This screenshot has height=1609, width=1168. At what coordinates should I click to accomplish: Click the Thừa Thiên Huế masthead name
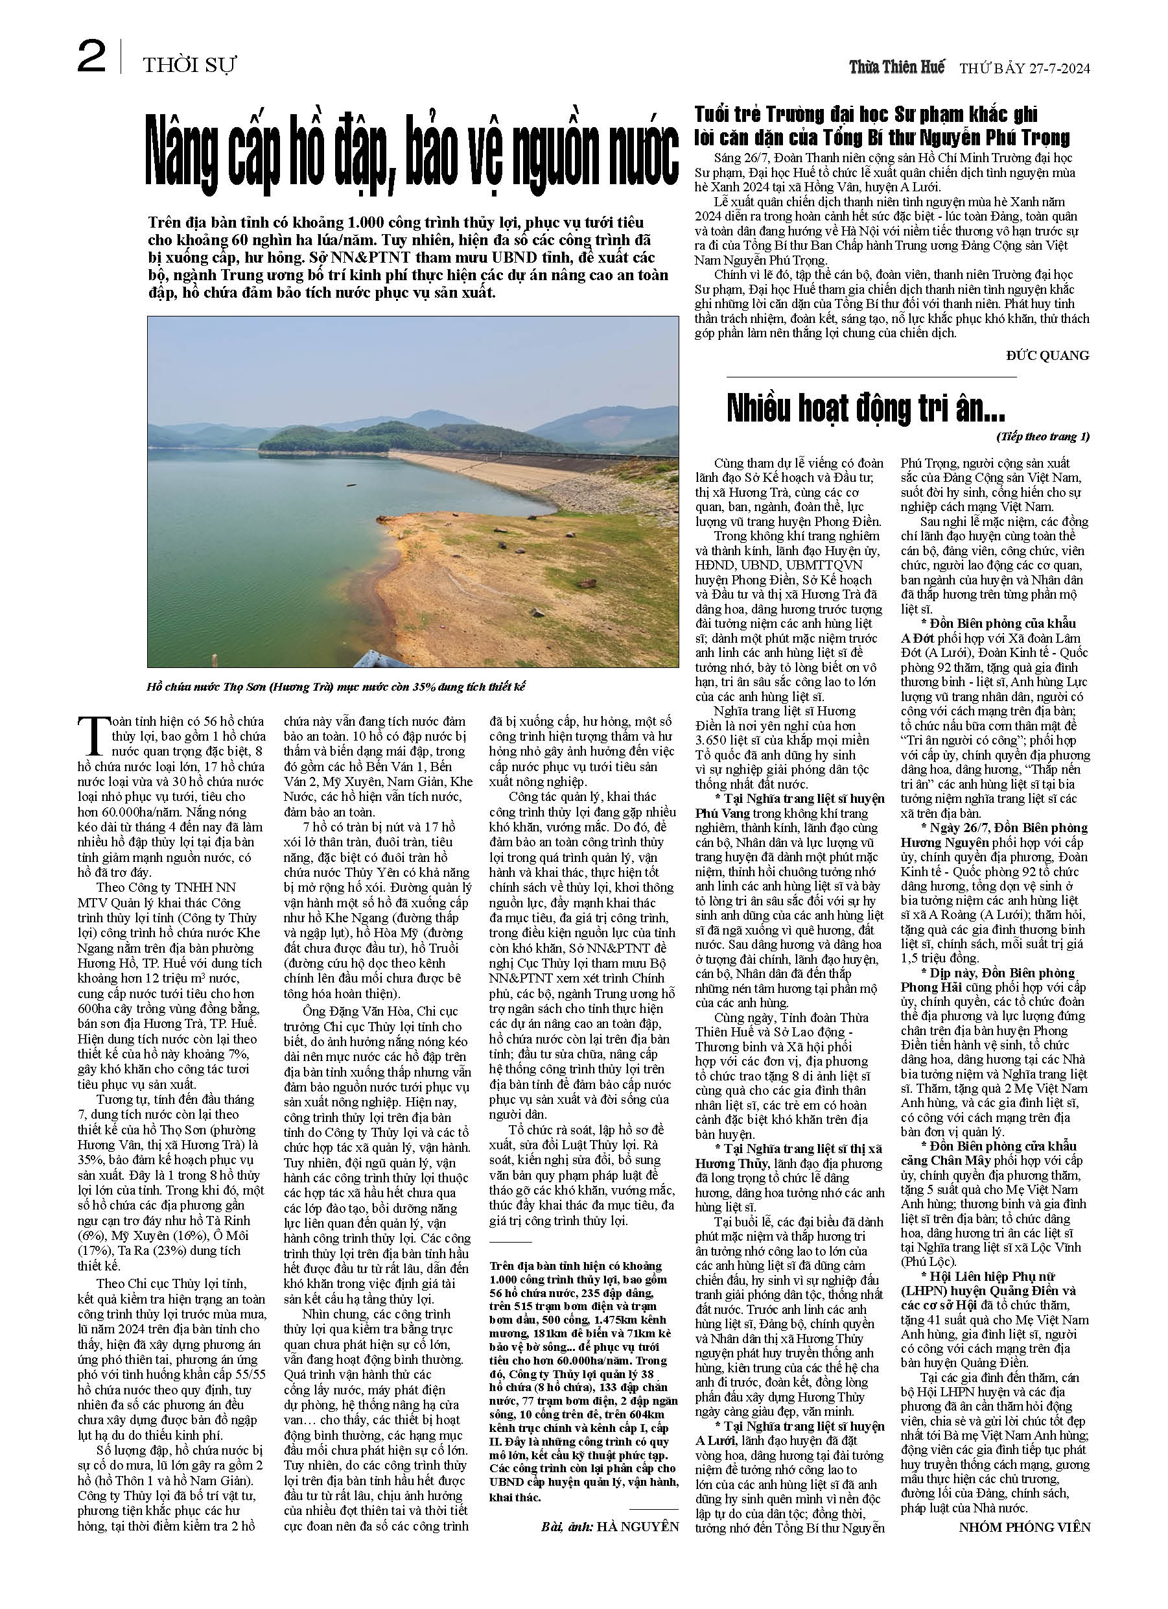[897, 67]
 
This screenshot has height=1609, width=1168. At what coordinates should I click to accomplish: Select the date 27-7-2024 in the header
[1057, 69]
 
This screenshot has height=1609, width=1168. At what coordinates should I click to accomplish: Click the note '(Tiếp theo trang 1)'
[1042, 436]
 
